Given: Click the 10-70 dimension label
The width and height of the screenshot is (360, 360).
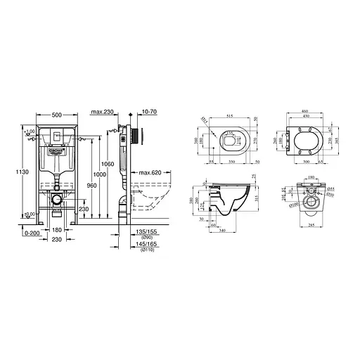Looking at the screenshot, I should [148, 112].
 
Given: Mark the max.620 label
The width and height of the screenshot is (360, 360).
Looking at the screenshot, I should [150, 172].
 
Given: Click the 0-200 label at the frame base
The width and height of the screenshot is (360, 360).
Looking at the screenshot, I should [32, 232].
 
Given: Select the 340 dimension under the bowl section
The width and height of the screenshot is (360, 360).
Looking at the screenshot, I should [221, 229].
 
